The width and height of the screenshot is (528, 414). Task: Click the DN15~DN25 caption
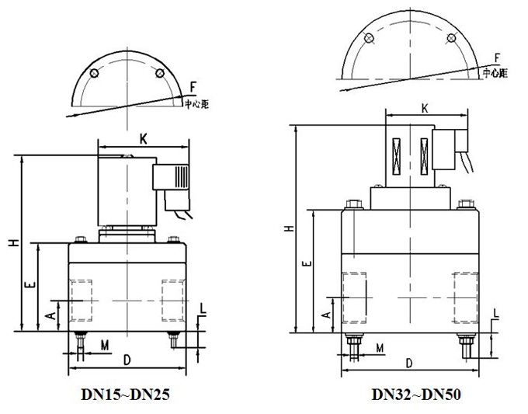pos(125,395)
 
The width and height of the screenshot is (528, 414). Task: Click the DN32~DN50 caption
pos(416,395)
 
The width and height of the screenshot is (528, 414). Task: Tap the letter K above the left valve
pos(144,139)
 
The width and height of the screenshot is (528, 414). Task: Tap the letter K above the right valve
pos(425,109)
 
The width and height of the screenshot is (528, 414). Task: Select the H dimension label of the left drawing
pos(13,243)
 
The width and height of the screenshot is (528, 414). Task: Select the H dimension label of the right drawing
pos(290,228)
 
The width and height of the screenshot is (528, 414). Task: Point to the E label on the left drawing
pos(30,285)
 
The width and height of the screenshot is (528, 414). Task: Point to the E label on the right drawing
pos(307,264)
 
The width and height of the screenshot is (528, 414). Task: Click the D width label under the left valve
pos(127,360)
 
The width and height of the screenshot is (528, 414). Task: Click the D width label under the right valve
pos(408,364)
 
